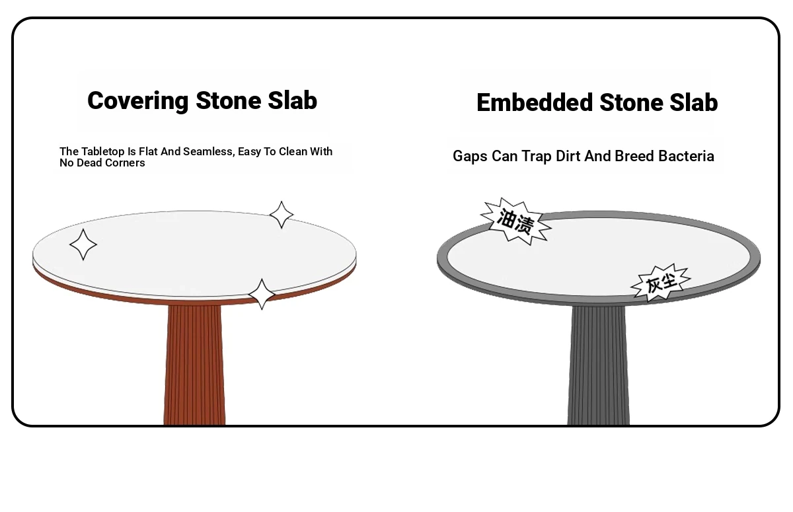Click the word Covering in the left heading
pyautogui.click(x=137, y=101)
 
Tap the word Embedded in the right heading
pyautogui.click(x=535, y=102)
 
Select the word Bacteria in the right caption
pyautogui.click(x=686, y=156)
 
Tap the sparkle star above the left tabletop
pyautogui.click(x=282, y=215)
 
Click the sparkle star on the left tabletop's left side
pyautogui.click(x=83, y=244)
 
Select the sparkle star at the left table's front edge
pyautogui.click(x=262, y=295)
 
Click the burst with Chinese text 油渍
pyautogui.click(x=515, y=221)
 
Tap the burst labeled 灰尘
pyautogui.click(x=661, y=283)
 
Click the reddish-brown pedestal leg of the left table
pyautogui.click(x=194, y=365)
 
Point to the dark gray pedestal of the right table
pyautogui.click(x=598, y=365)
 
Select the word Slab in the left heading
pyautogui.click(x=292, y=100)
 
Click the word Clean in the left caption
pyautogui.click(x=293, y=151)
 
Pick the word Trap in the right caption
pyautogui.click(x=537, y=157)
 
